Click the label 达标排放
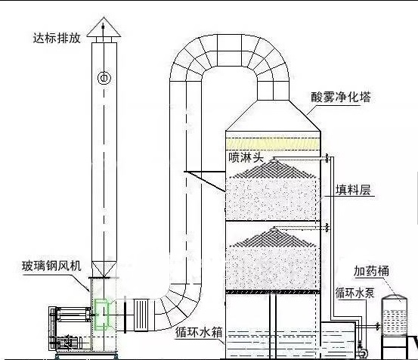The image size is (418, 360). pos(57,38)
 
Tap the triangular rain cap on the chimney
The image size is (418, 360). pos(104,27)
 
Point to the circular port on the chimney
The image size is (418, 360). pos(104,78)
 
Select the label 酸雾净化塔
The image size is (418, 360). pos(341,97)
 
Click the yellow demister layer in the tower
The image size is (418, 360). pos(273,144)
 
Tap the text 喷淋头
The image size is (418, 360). pos(246,157)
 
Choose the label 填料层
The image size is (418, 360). pos(353,190)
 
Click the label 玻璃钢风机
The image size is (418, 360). pos(51,266)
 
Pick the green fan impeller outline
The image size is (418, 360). pos(101,314)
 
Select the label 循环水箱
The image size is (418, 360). pos(199,332)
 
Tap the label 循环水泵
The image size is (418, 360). pos(355,293)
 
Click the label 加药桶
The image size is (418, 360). pos(371,271)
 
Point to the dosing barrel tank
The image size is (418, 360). pos(395,315)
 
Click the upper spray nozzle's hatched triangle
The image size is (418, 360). pos(274,169)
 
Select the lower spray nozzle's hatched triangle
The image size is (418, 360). pos(274,237)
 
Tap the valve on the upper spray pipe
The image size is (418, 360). pos(327,158)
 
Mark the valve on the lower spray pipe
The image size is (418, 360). pos(327,228)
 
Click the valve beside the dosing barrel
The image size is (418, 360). pos(378,326)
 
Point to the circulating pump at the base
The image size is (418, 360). pos(361,351)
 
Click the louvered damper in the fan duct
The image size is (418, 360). pos(141,315)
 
